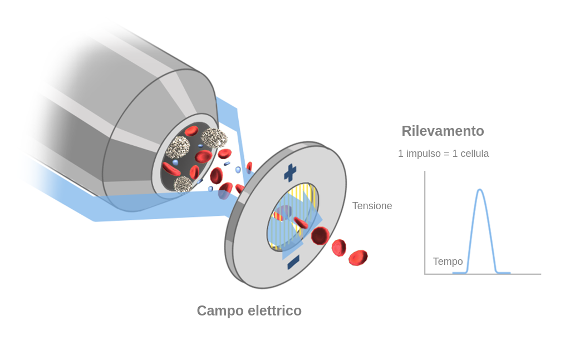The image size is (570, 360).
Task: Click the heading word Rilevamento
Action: [x=443, y=131]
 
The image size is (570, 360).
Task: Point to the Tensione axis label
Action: [x=372, y=206]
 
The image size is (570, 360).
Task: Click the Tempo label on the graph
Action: [x=448, y=262]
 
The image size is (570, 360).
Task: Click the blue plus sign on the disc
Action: [x=290, y=173]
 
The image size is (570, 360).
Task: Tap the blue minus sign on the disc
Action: [x=293, y=262]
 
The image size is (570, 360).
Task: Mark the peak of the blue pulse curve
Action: [x=480, y=190]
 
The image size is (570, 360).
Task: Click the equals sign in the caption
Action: [x=447, y=154]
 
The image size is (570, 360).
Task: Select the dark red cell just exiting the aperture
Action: [x=320, y=235]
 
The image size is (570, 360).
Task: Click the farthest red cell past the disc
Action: [x=358, y=258]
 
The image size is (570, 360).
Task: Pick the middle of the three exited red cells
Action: [x=338, y=248]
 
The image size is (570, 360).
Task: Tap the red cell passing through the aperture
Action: [x=301, y=223]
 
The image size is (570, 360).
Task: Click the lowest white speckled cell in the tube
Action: [x=183, y=184]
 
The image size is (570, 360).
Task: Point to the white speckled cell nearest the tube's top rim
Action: [x=214, y=137]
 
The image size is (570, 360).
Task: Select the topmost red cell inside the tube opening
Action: [x=191, y=131]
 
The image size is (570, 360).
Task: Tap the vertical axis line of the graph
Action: [x=425, y=223]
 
